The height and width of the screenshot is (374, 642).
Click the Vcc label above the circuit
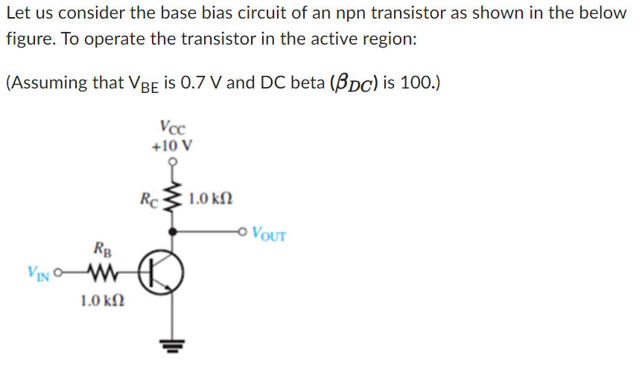[172, 128]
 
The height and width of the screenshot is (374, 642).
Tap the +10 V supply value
[172, 145]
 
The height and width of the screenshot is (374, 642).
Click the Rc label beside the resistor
[149, 199]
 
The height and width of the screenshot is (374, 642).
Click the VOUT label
[269, 236]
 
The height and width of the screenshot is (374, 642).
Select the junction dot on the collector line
[172, 232]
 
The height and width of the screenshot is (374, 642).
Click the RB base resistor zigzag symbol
[101, 272]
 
